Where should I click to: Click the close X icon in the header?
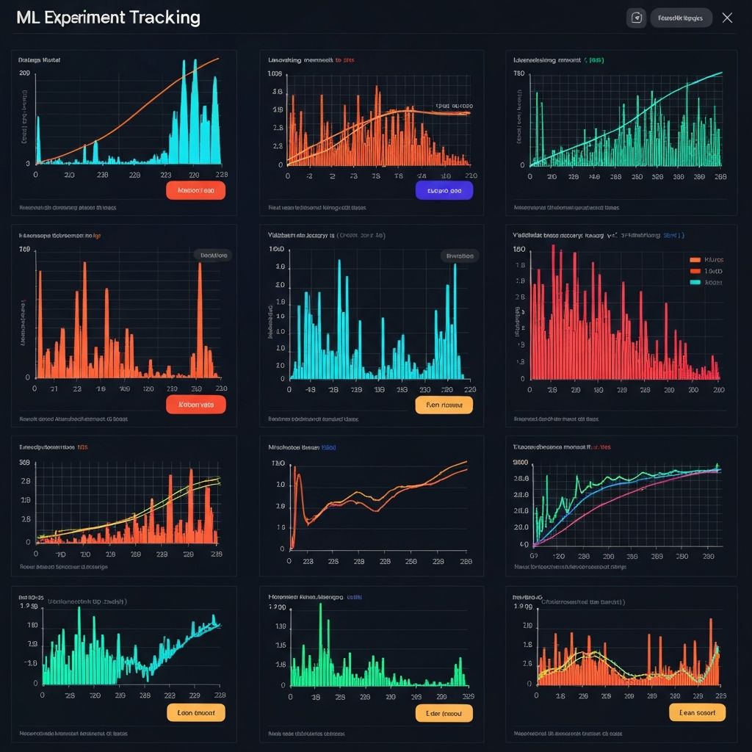coord(727,18)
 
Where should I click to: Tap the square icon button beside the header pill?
coord(636,18)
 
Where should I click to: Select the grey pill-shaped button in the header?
coord(681,18)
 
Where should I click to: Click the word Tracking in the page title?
coord(163,18)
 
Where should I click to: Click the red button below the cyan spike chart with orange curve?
coord(196,190)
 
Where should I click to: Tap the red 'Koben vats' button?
coord(196,404)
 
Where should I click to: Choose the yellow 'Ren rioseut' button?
coord(444,404)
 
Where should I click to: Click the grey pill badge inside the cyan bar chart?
coord(460,256)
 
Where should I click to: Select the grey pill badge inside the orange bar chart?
coord(212,255)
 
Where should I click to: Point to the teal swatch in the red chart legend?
coord(695,282)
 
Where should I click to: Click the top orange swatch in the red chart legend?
coord(695,259)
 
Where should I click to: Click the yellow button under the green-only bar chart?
coord(444,712)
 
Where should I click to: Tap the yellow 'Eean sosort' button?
coord(697,712)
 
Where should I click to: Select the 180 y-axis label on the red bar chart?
coord(518,250)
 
